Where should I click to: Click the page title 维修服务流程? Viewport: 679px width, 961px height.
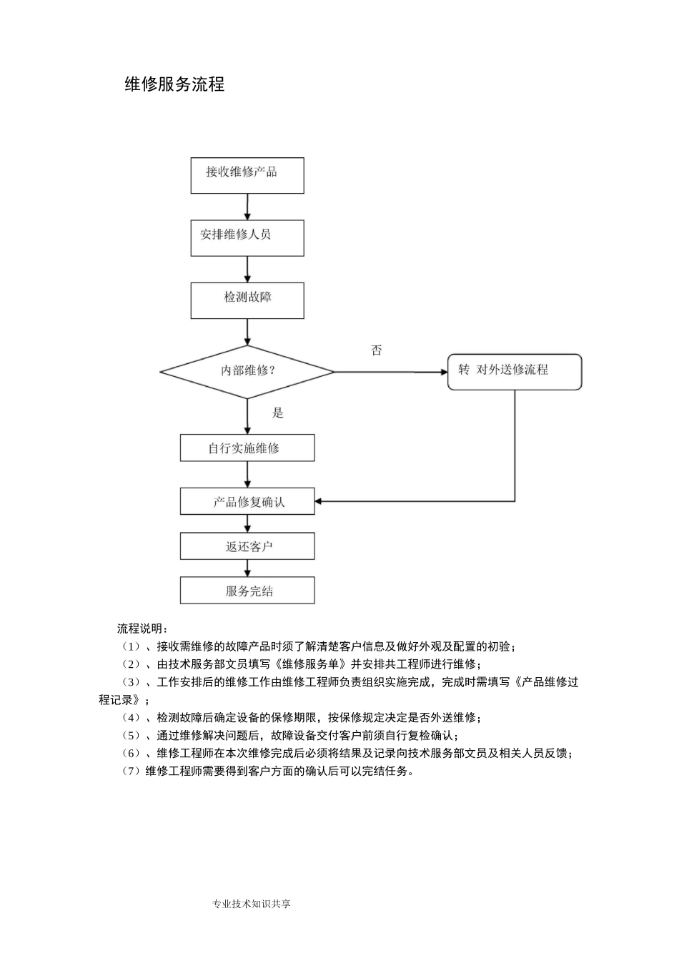(174, 84)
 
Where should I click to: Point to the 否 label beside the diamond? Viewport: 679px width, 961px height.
(377, 350)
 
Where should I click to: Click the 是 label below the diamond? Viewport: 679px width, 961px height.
(278, 413)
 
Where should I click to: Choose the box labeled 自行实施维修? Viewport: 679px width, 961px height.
(247, 448)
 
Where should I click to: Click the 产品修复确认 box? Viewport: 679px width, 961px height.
(247, 501)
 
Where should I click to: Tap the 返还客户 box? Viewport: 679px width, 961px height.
(247, 546)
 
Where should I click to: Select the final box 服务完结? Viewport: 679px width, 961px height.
(247, 591)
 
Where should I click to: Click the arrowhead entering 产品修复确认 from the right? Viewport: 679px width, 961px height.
(319, 501)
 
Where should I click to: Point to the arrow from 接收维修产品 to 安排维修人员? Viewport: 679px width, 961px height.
(247, 207)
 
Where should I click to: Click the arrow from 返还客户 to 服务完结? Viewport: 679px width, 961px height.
(247, 568)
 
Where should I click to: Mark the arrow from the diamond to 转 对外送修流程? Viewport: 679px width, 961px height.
(390, 372)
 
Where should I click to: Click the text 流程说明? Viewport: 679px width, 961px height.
(143, 629)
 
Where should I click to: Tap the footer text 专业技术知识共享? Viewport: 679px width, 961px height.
(252, 904)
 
